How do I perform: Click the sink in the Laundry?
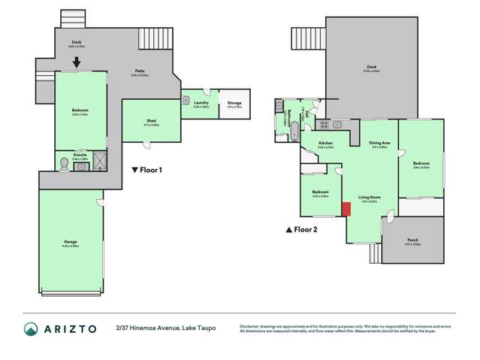(x=186, y=97)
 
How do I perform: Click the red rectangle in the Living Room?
(x=346, y=209)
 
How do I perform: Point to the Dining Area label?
(x=379, y=143)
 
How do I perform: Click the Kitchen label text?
(x=325, y=144)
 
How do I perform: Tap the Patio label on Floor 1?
(x=140, y=72)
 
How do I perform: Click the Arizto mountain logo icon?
(x=31, y=328)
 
